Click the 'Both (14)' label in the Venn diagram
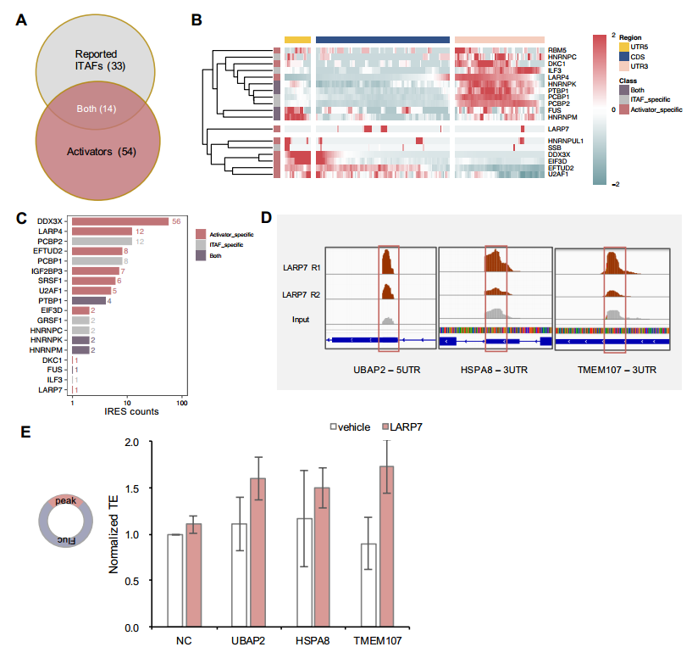[x=95, y=109]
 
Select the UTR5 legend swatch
[x=625, y=47]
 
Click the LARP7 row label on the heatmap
[x=560, y=128]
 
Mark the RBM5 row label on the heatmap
[x=558, y=51]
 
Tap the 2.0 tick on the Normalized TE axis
[x=131, y=443]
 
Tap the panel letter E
[x=25, y=432]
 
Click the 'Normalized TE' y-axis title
[x=113, y=535]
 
